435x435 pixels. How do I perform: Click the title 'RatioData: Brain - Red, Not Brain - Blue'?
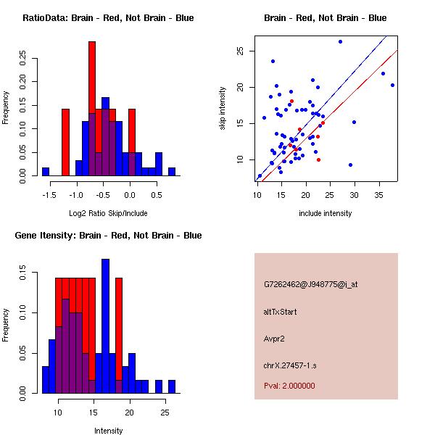[108, 18]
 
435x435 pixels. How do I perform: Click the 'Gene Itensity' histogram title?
[108, 236]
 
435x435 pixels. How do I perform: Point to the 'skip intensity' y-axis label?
[224, 109]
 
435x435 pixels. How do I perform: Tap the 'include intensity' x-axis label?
[326, 213]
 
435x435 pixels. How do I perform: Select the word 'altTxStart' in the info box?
[281, 312]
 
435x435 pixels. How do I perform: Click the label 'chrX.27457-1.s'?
[289, 365]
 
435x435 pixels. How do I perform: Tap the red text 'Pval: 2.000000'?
[289, 386]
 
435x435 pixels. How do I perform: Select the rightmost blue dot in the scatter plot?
[392, 85]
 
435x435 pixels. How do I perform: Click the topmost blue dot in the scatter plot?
[340, 41]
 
